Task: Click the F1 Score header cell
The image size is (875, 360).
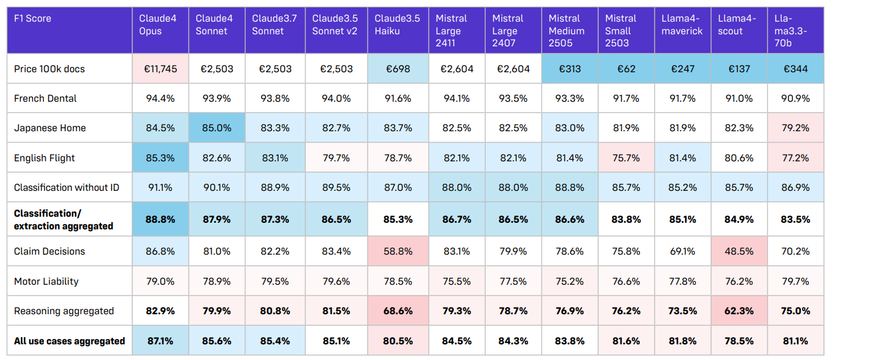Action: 32,19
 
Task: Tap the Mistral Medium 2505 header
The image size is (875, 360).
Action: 564,31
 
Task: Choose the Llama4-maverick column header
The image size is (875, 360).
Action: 682,25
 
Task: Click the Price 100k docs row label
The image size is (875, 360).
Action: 49,69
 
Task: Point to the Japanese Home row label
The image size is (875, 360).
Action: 50,128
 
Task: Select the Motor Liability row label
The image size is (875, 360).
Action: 46,281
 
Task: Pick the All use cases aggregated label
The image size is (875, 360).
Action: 69,341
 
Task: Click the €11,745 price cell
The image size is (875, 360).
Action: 161,69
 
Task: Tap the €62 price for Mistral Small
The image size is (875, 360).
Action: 626,69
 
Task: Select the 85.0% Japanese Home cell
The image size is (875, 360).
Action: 217,128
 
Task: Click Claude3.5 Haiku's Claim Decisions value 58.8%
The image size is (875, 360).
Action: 398,251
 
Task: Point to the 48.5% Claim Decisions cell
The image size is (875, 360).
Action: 739,251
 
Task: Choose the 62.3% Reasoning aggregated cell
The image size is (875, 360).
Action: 739,311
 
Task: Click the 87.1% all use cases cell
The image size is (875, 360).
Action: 161,341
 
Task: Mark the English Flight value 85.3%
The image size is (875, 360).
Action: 161,158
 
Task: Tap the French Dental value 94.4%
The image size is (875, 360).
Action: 161,98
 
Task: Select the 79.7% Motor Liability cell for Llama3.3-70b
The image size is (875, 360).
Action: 796,281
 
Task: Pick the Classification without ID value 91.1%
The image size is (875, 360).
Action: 161,187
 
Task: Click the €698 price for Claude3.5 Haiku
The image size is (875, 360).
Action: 398,69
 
